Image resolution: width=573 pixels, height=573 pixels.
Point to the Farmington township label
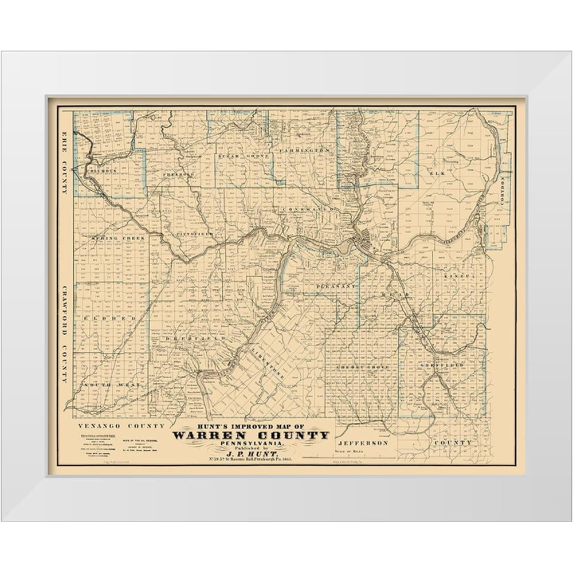(x=304, y=150)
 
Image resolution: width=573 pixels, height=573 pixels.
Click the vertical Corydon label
(x=503, y=195)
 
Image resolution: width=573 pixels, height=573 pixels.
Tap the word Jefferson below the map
(x=363, y=443)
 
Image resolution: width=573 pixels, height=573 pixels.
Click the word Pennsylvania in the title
(x=251, y=444)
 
